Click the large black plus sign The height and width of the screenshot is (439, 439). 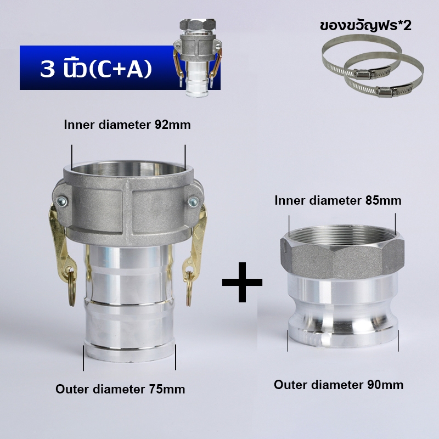click(x=242, y=282)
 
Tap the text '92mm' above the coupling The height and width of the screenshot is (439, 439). click(x=173, y=125)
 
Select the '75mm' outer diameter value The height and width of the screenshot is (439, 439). click(x=167, y=389)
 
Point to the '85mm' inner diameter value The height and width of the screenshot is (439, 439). click(x=383, y=200)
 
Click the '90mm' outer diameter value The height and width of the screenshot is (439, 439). click(x=386, y=385)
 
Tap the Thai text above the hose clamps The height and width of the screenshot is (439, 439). click(x=365, y=26)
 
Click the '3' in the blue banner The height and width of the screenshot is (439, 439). click(x=47, y=69)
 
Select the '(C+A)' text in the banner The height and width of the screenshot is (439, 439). click(x=120, y=69)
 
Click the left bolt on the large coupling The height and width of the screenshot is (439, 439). click(x=61, y=201)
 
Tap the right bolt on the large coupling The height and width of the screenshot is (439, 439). click(x=193, y=202)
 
